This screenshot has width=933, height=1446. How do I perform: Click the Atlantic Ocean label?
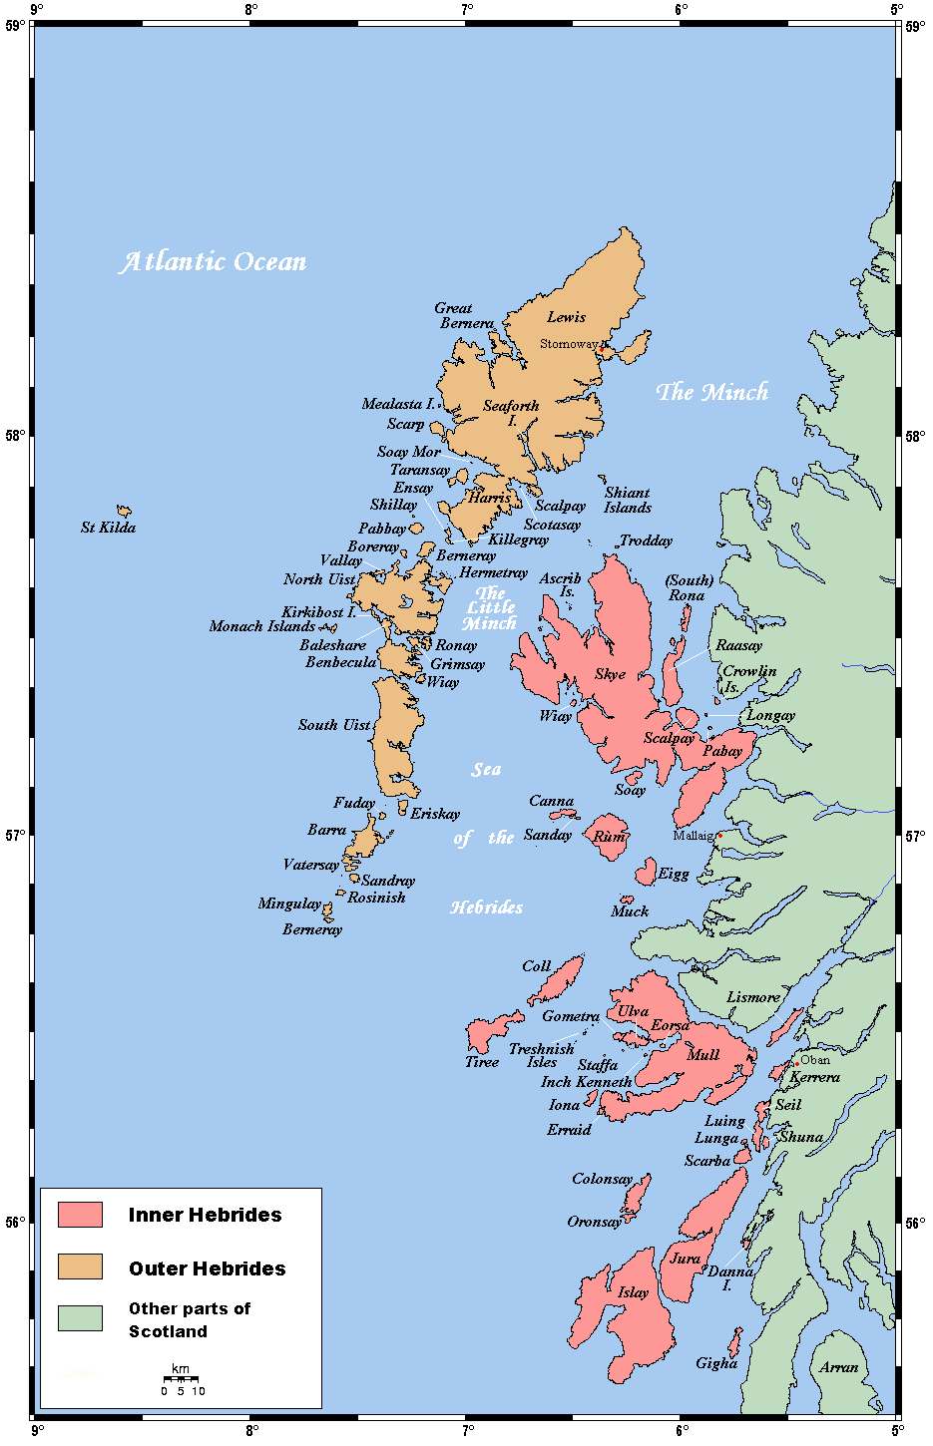(x=213, y=261)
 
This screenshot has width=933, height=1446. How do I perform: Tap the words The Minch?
(x=711, y=392)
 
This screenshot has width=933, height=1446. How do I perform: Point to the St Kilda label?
(x=108, y=527)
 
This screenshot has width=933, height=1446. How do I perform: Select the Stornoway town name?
(x=569, y=344)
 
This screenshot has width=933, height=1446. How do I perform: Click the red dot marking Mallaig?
(x=719, y=835)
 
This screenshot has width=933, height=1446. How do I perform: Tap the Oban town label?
(x=814, y=1059)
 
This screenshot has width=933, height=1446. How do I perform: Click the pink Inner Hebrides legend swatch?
(x=80, y=1214)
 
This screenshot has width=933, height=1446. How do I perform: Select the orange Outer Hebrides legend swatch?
(x=80, y=1266)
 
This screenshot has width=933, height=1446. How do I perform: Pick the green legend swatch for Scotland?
(x=80, y=1317)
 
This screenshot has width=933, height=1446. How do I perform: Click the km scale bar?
(x=181, y=1379)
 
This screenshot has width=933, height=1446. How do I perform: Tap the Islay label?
(x=633, y=1292)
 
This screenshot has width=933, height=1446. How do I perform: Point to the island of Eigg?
(x=646, y=872)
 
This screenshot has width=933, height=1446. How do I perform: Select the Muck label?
(x=630, y=910)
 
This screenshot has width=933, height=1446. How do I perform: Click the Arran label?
(x=838, y=1367)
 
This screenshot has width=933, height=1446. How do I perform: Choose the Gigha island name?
(x=716, y=1363)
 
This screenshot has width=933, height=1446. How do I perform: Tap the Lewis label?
(x=566, y=317)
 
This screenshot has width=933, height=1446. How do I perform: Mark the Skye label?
(x=610, y=674)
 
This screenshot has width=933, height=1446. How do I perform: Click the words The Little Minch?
(x=490, y=608)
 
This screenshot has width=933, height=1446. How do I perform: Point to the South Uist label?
(x=334, y=725)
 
